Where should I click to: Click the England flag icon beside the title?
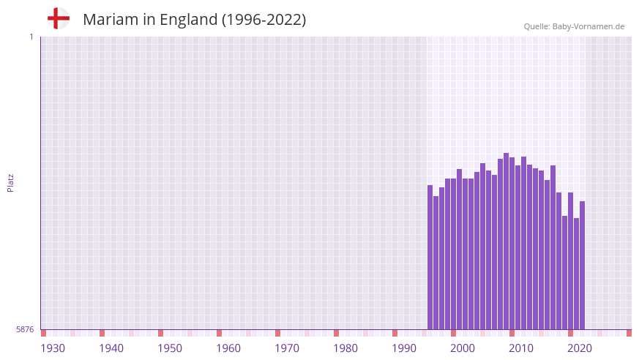(x=59, y=19)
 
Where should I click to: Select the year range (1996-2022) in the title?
(x=264, y=20)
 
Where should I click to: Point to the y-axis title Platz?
(x=10, y=182)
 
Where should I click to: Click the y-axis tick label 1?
(x=31, y=37)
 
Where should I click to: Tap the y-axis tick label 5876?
(x=25, y=330)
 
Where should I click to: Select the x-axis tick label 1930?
(x=53, y=348)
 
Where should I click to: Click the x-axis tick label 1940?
(x=111, y=348)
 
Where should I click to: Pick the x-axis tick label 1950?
(x=170, y=348)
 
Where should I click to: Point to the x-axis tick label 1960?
(x=228, y=348)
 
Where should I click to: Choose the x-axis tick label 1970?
(x=287, y=348)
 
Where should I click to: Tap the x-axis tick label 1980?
(x=345, y=348)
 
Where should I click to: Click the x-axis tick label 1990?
(x=404, y=348)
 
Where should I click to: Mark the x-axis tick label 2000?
(x=463, y=348)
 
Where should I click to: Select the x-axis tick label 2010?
(x=521, y=348)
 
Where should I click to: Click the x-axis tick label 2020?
(x=580, y=348)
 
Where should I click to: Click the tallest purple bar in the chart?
(x=506, y=241)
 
